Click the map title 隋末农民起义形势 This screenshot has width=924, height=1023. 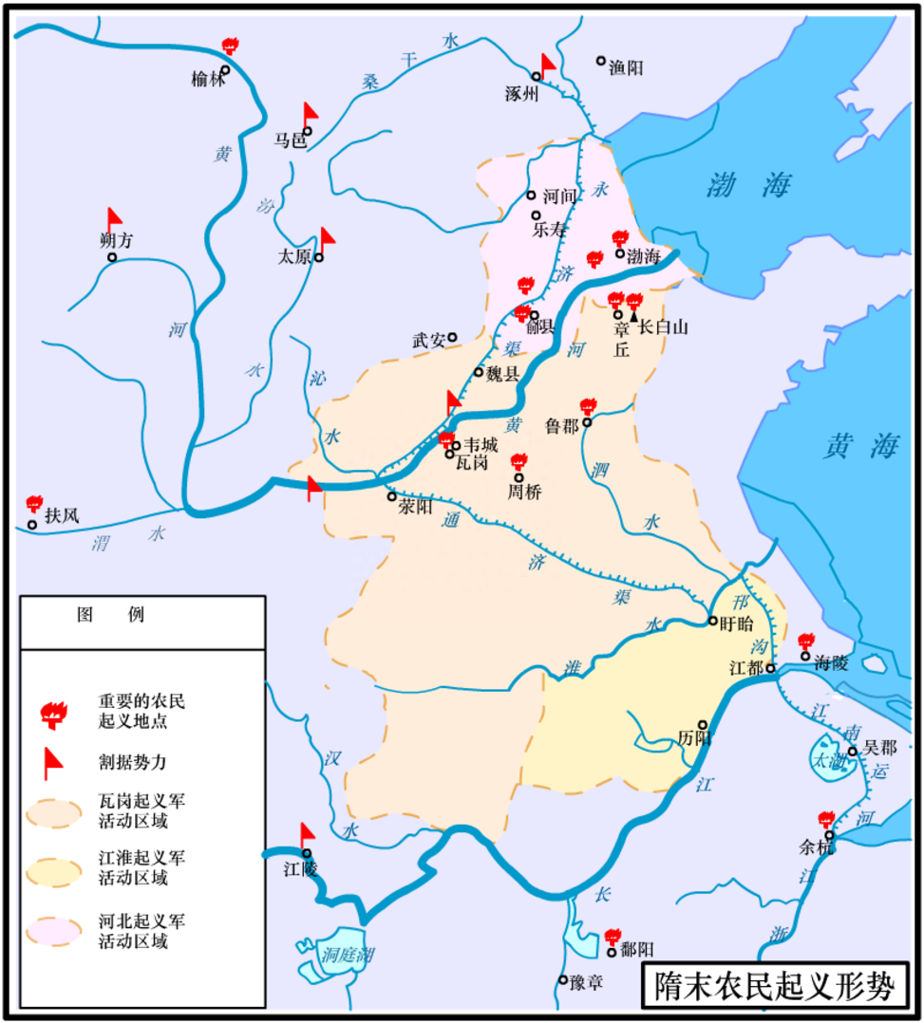(x=774, y=987)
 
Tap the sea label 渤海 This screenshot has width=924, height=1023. (x=748, y=186)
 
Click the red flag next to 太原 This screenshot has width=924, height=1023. (x=327, y=239)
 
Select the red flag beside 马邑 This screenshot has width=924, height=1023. (x=310, y=115)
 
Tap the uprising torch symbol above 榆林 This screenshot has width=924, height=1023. (x=228, y=46)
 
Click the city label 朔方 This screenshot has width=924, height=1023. (x=116, y=241)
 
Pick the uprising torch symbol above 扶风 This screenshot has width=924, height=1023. (x=34, y=503)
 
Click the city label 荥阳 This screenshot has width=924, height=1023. (x=415, y=507)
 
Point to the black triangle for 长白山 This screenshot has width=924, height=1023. (x=634, y=315)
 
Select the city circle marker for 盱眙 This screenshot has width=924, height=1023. (x=713, y=621)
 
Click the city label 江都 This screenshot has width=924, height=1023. (x=745, y=668)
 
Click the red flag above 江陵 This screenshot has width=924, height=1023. (x=307, y=835)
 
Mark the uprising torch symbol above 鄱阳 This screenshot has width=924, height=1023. (x=613, y=936)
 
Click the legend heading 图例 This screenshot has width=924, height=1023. (x=110, y=614)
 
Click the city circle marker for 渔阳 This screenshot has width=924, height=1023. (x=600, y=61)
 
